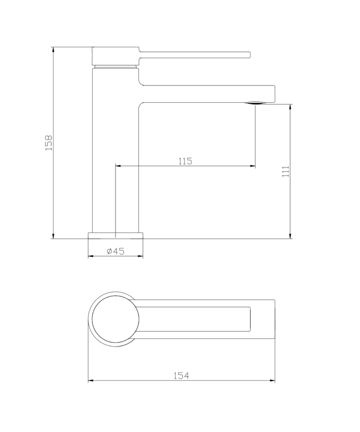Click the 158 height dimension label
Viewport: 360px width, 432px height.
pyautogui.click(x=49, y=142)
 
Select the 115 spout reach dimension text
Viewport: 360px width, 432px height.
pyautogui.click(x=185, y=161)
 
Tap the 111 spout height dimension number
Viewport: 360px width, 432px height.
pyautogui.click(x=285, y=171)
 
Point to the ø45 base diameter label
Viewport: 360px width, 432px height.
pyautogui.click(x=115, y=251)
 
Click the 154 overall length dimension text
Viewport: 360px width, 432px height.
pyautogui.click(x=181, y=376)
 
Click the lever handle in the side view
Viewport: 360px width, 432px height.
pyautogui.click(x=195, y=54)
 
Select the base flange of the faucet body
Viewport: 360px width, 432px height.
pyautogui.click(x=116, y=234)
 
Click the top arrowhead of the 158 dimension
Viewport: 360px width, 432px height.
pyautogui.click(x=53, y=50)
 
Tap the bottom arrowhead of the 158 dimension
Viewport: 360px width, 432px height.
pyautogui.click(x=53, y=236)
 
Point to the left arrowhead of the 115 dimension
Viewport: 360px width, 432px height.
pyautogui.click(x=118, y=166)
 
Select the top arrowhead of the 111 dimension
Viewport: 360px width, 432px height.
pyautogui.click(x=291, y=107)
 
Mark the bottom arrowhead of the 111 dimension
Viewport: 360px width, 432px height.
pyautogui.click(x=291, y=236)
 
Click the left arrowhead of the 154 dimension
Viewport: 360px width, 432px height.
pyautogui.click(x=91, y=381)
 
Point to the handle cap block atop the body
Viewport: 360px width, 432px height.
pyautogui.click(x=115, y=56)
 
